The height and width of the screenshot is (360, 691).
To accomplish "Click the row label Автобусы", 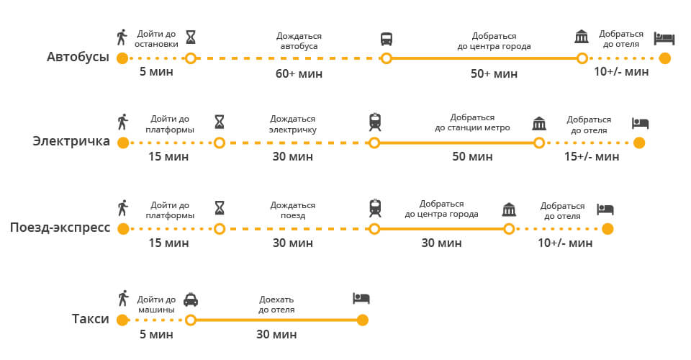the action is pos(78,58).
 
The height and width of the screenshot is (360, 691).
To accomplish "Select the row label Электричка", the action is pos(71,141).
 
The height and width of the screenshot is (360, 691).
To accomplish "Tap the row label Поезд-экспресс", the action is pos(60,228).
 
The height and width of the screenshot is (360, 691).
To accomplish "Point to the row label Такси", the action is pos(91,318).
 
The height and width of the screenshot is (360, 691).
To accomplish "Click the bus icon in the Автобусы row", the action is pos(387,39).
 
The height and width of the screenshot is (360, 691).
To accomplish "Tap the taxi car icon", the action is pos(190,300).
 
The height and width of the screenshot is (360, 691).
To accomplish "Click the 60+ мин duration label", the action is pos(299,73).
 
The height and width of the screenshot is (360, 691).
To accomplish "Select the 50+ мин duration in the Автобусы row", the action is pos(494,73).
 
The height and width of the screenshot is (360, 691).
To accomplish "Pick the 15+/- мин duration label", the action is pos(592,156).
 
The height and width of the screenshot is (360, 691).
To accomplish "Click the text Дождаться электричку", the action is pos(293,125).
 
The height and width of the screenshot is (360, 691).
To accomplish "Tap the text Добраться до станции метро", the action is pos(472,122).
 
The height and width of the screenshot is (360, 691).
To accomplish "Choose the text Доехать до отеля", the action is pos(276,305).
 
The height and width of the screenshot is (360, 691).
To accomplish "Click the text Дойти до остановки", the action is pos(156,39).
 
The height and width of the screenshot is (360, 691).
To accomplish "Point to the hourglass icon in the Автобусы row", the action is pos(190,37).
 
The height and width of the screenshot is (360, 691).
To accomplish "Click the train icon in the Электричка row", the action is pos(375,122).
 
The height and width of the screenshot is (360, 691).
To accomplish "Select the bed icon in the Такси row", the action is pos(361,298).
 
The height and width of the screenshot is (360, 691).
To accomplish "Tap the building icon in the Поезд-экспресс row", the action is pos(509,210).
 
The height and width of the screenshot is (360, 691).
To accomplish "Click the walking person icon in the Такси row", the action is pos(123,298).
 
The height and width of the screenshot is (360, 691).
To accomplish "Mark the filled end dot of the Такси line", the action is pos(362,320).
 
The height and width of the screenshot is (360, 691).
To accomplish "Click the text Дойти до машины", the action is pos(156,305).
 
